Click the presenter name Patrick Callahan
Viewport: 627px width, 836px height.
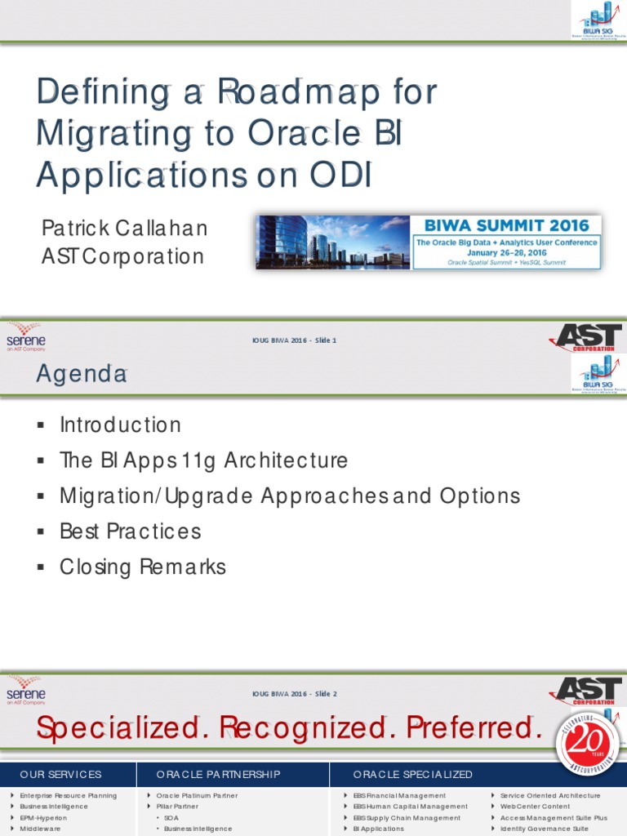pyautogui.click(x=124, y=228)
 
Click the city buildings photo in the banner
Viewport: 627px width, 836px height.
pyautogui.click(x=331, y=242)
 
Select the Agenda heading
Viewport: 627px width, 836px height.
pyautogui.click(x=81, y=374)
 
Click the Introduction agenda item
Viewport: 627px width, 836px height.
pyautogui.click(x=120, y=425)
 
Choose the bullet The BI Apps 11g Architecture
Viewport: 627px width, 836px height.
pyautogui.click(x=203, y=460)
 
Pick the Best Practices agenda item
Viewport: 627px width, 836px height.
pyautogui.click(x=130, y=531)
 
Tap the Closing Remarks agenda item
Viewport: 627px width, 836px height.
pyautogui.click(x=142, y=567)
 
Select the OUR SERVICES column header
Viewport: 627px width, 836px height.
pyautogui.click(x=60, y=774)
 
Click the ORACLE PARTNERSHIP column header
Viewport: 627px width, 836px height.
pyautogui.click(x=218, y=774)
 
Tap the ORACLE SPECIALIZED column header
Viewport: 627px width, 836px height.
pyautogui.click(x=412, y=774)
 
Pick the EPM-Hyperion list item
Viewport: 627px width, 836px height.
pyautogui.click(x=43, y=817)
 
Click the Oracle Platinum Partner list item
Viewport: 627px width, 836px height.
pyautogui.click(x=197, y=795)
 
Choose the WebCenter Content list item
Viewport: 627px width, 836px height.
pyautogui.click(x=535, y=806)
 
